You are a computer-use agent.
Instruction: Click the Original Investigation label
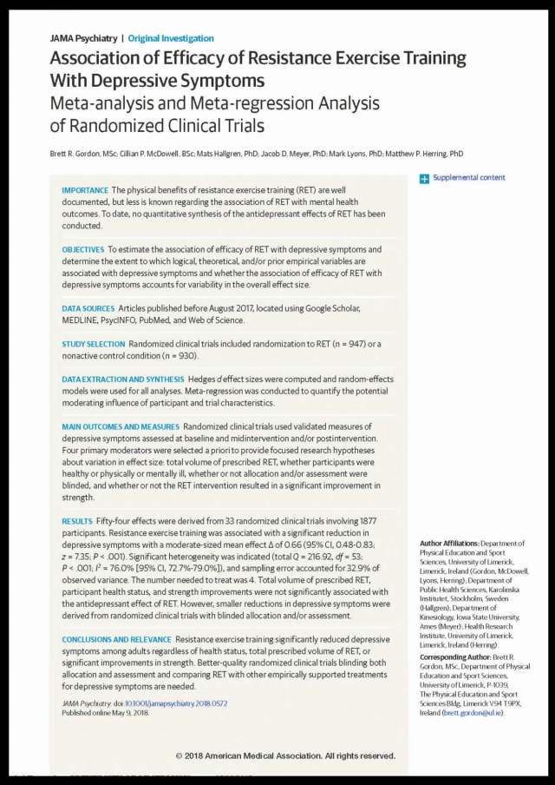click(171, 38)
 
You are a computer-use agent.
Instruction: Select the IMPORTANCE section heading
click(85, 190)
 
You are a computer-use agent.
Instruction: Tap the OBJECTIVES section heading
click(83, 249)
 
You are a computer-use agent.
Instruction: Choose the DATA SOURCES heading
click(88, 308)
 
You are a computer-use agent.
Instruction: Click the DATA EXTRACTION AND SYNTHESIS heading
click(122, 379)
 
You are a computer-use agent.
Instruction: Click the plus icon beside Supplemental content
click(424, 178)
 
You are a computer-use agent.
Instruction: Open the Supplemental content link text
click(468, 178)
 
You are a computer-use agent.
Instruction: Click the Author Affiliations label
click(448, 542)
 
